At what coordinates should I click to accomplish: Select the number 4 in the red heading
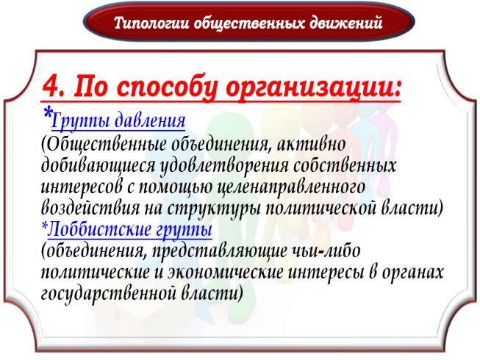click(x=51, y=87)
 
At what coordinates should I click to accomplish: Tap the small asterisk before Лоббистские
click(x=43, y=228)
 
